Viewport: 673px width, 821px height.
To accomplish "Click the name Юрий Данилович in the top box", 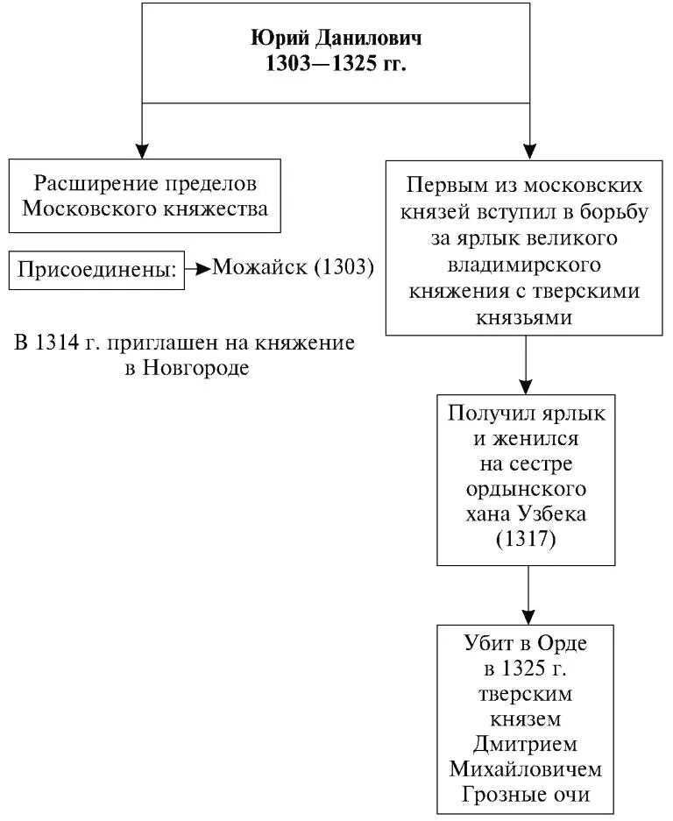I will pos(336,40).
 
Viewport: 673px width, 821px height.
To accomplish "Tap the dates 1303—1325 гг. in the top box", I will pos(336,66).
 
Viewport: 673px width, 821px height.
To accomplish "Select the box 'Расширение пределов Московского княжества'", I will pos(145,195).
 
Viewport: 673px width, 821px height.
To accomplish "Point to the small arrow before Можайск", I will pos(199,269).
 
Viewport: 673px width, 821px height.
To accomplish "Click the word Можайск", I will pos(259,268).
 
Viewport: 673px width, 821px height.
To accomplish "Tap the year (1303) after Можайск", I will pos(343,268).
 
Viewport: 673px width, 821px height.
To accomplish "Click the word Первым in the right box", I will pos(445,186).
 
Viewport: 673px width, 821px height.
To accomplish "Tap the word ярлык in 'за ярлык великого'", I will pos(513,237).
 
